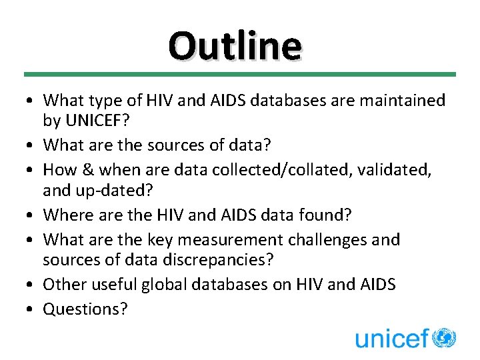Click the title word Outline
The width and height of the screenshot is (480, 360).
(x=235, y=46)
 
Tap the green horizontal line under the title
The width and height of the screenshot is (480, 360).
(x=240, y=74)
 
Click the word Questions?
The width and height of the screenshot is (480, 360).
(x=85, y=309)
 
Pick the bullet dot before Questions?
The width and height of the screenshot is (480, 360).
(x=31, y=309)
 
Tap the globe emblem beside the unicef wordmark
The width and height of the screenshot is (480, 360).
(x=443, y=337)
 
